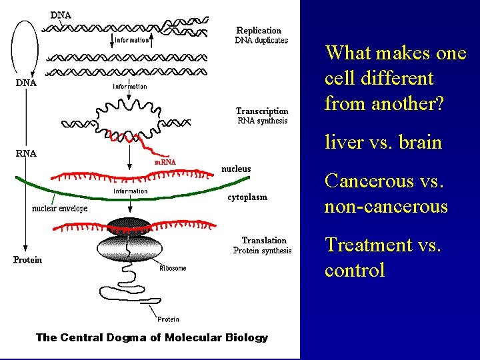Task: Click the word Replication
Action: point(259,30)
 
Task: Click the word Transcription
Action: point(262,111)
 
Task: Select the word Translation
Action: point(264,241)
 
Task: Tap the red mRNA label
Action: point(165,162)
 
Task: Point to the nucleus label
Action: point(236,169)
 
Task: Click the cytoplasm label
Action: point(247,197)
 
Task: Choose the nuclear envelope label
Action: point(60,208)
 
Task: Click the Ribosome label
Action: point(173,268)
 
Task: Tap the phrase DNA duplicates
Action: point(261,40)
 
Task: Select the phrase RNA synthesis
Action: point(263,121)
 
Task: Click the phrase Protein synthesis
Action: point(262,251)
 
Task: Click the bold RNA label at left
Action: point(26,153)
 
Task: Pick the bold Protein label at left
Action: point(27,260)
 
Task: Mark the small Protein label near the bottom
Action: point(168,319)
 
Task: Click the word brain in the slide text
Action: point(419,142)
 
